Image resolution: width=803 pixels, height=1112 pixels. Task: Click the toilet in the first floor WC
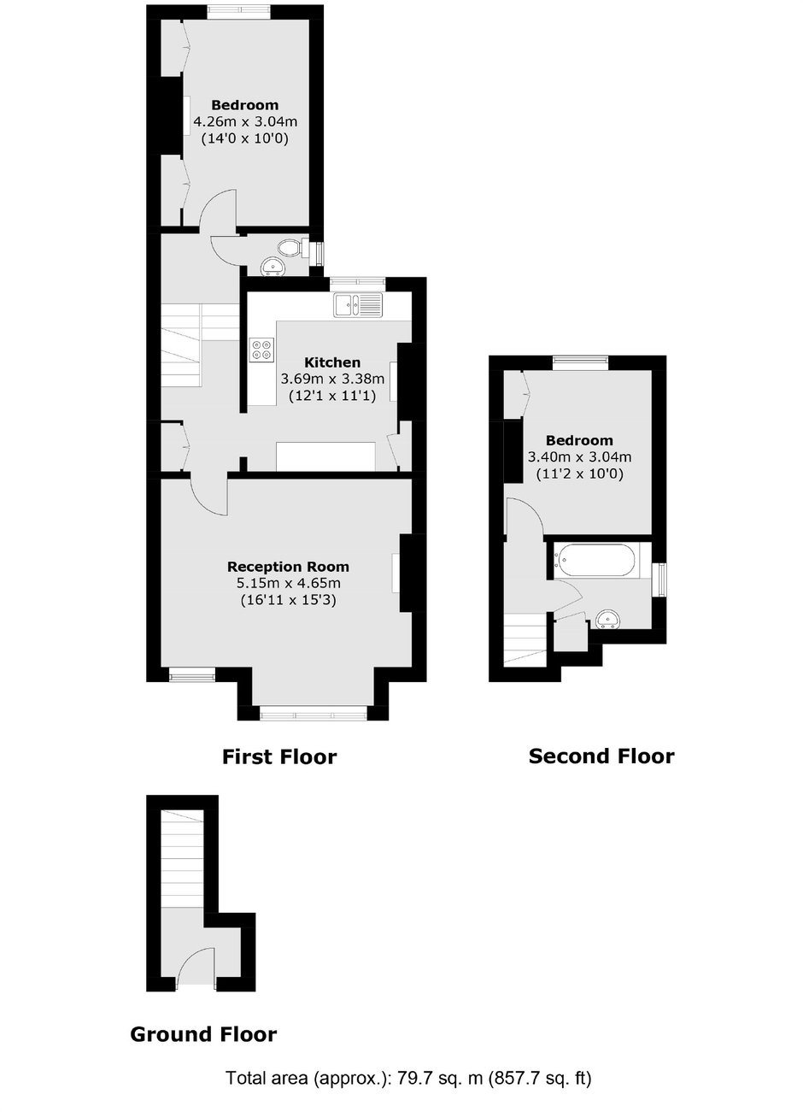click(293, 248)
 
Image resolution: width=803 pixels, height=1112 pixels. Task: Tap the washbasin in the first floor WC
click(273, 268)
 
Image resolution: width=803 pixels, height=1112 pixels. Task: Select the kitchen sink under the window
click(358, 304)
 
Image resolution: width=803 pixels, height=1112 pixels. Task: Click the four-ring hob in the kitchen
click(262, 349)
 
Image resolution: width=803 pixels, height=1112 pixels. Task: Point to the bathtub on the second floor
click(595, 561)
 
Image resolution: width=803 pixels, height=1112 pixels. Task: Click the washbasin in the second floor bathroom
click(608, 620)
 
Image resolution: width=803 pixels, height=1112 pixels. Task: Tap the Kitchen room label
click(332, 362)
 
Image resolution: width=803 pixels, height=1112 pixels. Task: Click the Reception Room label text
click(288, 567)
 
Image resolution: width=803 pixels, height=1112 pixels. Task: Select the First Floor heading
click(279, 757)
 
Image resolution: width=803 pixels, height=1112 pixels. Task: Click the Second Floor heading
click(601, 756)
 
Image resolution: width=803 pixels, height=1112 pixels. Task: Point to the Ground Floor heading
click(203, 1034)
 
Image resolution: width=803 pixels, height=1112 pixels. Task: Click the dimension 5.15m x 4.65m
click(288, 583)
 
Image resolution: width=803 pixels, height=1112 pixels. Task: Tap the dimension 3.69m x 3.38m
click(332, 379)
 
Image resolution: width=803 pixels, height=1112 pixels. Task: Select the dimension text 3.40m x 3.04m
click(579, 456)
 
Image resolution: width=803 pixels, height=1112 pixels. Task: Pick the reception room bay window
click(314, 715)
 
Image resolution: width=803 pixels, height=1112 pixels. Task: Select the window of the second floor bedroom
click(581, 363)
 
